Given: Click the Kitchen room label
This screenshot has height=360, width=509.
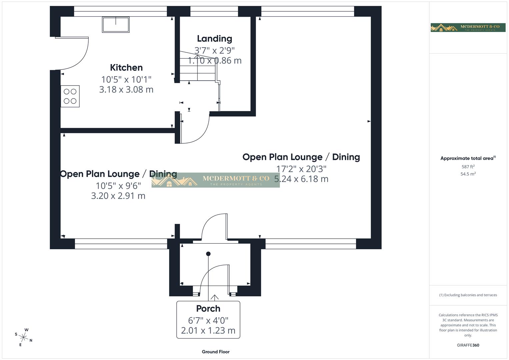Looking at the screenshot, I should (126, 68).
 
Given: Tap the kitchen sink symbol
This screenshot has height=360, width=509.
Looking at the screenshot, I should (116, 24).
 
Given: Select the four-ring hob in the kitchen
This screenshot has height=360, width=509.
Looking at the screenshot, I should (70, 96).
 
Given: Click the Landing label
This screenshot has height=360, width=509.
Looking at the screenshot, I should (214, 39).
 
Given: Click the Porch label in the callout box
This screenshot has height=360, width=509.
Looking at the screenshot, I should (208, 309).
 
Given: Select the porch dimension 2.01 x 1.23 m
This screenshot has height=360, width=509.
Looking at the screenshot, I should (208, 330).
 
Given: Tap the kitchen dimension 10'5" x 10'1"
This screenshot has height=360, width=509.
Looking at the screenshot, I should (126, 79).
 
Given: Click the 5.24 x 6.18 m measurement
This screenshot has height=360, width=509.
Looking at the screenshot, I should (301, 179).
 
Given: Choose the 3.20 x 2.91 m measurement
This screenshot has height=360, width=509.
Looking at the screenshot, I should (118, 196).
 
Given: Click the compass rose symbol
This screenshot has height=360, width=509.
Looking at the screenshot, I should (24, 337).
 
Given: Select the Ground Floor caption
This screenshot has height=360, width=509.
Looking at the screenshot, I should (216, 352).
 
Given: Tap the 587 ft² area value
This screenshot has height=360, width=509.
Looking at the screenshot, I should (468, 167).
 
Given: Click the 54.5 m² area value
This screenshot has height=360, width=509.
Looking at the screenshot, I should (468, 174).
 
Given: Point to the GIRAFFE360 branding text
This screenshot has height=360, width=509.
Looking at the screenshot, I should (468, 345).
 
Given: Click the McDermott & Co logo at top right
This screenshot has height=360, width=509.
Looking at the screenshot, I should (468, 28).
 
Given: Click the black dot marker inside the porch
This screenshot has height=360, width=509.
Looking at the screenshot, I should (208, 254).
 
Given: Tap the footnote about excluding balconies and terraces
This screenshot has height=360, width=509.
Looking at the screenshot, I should (468, 295).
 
